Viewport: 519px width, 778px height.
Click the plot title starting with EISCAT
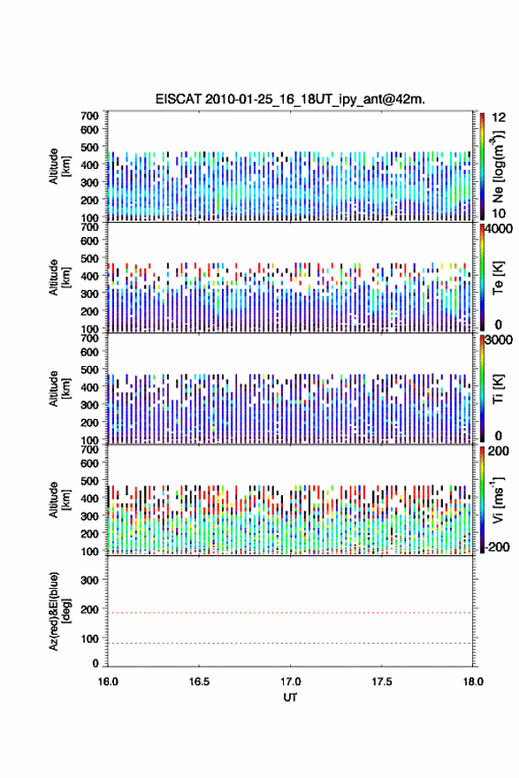[x=290, y=99]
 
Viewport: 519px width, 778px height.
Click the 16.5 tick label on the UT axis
[x=198, y=682]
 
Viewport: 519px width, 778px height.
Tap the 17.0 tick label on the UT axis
[x=290, y=682]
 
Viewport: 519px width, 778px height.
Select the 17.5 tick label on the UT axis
[x=382, y=682]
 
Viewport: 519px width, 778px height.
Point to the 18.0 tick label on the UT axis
[x=473, y=682]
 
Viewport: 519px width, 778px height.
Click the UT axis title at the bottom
[x=290, y=698]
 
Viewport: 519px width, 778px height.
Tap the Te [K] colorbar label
[x=498, y=278]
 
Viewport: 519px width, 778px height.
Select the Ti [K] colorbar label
[x=498, y=388]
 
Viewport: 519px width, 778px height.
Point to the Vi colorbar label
[x=499, y=500]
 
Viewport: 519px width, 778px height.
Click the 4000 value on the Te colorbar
[x=499, y=229]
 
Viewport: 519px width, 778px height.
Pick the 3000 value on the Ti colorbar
[x=499, y=340]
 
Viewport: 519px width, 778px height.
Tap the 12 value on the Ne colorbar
[x=499, y=118]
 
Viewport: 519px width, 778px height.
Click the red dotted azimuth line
[x=290, y=613]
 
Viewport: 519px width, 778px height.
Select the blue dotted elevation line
[x=290, y=643]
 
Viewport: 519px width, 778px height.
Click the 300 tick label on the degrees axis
[x=89, y=580]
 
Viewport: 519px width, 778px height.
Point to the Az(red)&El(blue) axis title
[x=59, y=611]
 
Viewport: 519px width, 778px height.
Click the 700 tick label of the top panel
[x=89, y=116]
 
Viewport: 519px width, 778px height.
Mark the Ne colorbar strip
[x=482, y=167]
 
